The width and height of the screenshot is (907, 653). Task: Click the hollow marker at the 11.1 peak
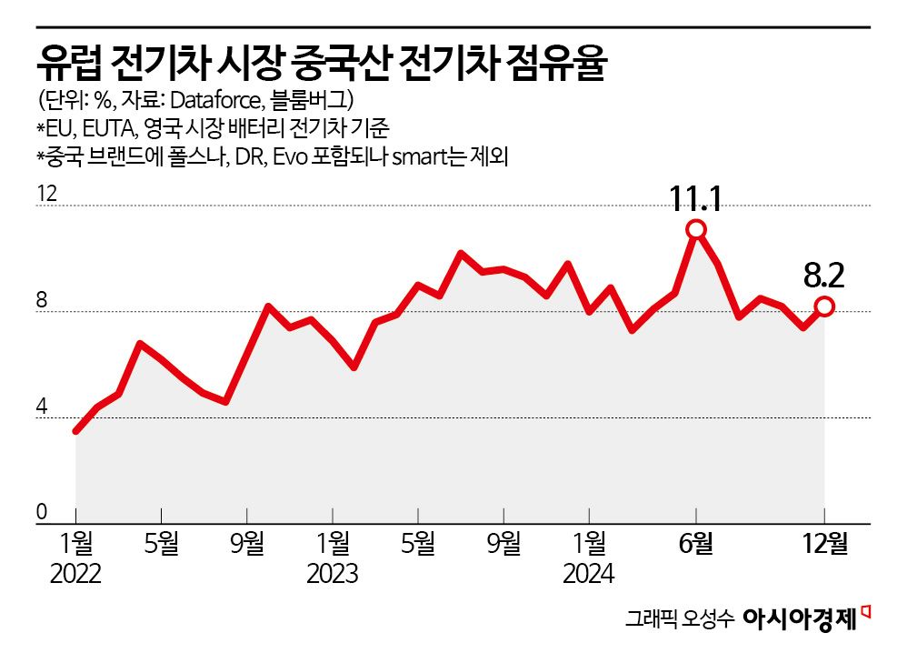coord(696,229)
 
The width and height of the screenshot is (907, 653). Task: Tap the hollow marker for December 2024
coord(824,306)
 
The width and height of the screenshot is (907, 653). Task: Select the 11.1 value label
coord(695,198)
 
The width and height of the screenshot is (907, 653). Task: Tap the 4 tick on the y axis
coord(42,407)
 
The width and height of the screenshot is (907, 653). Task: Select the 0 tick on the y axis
coord(42,513)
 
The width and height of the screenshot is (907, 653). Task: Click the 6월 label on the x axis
coord(696,545)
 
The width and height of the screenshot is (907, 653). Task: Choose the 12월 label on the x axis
coord(824,545)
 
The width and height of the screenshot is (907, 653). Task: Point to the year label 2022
coord(75,575)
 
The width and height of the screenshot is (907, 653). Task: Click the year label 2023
coord(332,575)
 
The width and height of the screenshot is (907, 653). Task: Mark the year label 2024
coord(588,575)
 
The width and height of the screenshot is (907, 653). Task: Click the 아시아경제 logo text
coord(800,619)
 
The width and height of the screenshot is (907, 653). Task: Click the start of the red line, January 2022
coord(76,431)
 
